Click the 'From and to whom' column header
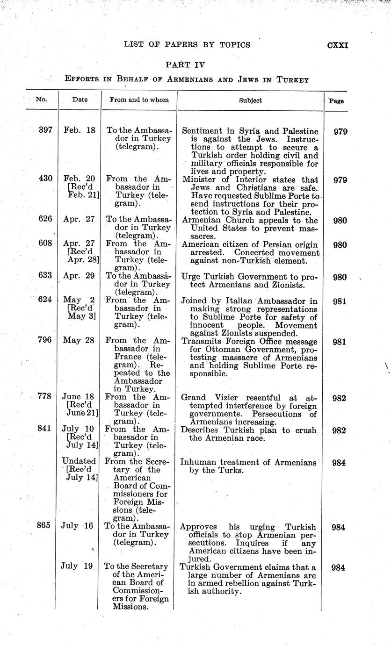pos(139,100)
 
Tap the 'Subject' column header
pos(250,100)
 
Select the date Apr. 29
pos(79,276)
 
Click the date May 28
pos(79,341)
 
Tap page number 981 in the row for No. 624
pos(339,301)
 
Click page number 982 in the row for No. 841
pos(339,430)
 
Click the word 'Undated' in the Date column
pos(79,462)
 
